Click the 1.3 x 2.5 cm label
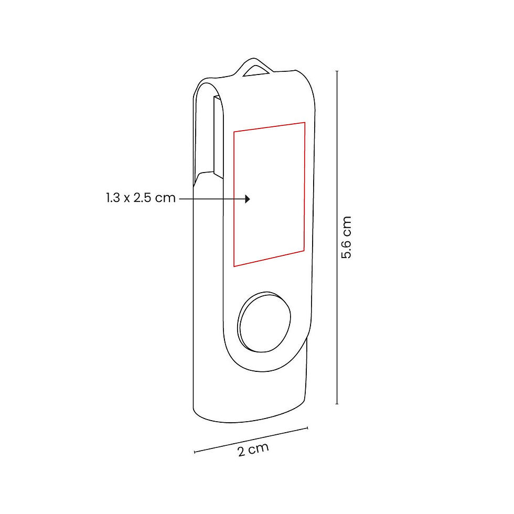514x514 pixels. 141,198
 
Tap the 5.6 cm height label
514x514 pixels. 346,237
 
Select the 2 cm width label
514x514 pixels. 253,449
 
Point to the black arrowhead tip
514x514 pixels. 250,199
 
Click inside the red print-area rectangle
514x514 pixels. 269,195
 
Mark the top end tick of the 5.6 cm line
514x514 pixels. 337,71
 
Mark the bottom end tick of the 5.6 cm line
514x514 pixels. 337,404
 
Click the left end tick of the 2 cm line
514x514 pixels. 195,452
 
